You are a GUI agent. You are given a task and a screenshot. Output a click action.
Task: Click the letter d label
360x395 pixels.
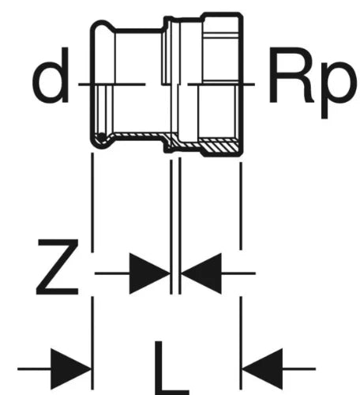(x=51, y=75)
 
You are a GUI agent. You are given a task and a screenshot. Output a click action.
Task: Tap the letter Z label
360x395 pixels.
(x=58, y=267)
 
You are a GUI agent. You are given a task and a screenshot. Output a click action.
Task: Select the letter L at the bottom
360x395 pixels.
(x=171, y=368)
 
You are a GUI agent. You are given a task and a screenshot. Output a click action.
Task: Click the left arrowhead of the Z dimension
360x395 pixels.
(x=149, y=273)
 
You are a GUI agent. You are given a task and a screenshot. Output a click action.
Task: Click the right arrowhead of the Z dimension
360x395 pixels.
(x=201, y=273)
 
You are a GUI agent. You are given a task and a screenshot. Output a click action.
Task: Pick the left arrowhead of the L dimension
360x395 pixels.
(x=70, y=369)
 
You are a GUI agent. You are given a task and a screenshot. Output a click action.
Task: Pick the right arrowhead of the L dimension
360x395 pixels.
(x=262, y=369)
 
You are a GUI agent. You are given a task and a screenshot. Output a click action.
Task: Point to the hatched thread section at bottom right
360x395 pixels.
(x=219, y=146)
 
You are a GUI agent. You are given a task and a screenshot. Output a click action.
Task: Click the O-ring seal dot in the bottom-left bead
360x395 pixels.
(x=101, y=136)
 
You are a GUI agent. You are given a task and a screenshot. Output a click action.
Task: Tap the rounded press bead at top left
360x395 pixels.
(x=102, y=26)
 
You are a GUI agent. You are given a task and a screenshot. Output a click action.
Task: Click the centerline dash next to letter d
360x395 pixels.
(x=112, y=85)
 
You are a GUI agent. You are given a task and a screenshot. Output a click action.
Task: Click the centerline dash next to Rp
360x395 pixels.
(x=221, y=85)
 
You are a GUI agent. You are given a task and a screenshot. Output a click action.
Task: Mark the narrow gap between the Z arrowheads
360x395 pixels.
(x=175, y=273)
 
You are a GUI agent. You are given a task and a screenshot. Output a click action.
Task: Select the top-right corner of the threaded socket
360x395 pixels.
(x=241, y=13)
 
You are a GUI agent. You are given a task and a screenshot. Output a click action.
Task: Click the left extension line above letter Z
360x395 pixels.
(x=92, y=202)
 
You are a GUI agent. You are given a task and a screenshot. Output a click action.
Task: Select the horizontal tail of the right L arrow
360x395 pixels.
(x=299, y=369)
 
